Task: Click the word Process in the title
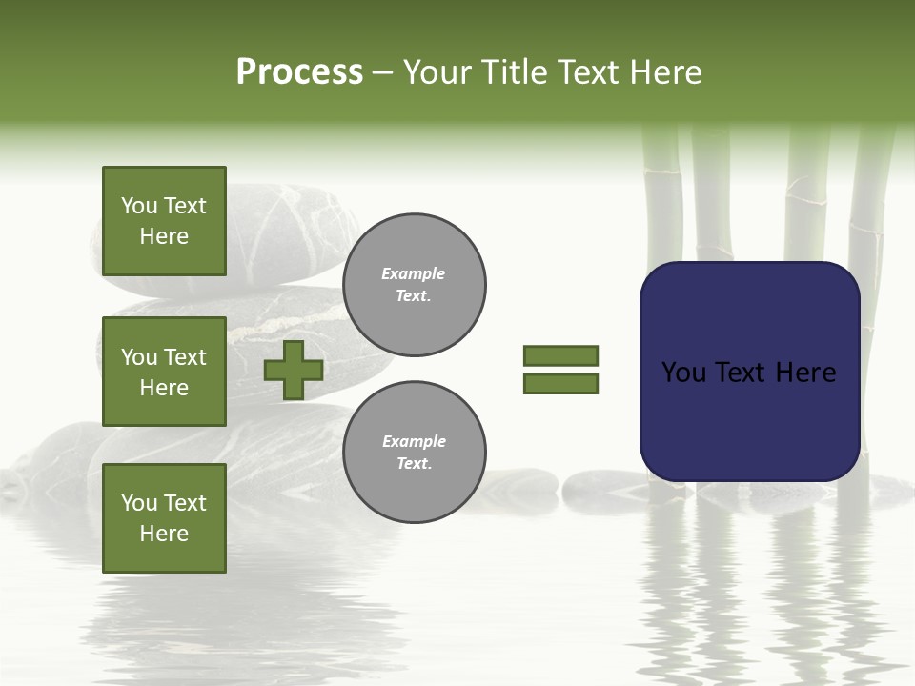tap(299, 72)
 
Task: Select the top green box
tap(164, 221)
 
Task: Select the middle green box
tap(164, 372)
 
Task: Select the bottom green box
tap(164, 517)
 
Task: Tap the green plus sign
tap(294, 370)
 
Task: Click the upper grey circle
tap(414, 285)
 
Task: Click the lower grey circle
tap(414, 453)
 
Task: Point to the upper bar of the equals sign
tap(560, 355)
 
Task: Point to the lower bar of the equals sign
tap(560, 383)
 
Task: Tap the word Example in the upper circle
tap(413, 274)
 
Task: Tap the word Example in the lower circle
tap(414, 442)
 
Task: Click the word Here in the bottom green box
tap(164, 534)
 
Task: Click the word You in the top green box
tap(139, 206)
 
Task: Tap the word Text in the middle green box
tap(184, 357)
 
